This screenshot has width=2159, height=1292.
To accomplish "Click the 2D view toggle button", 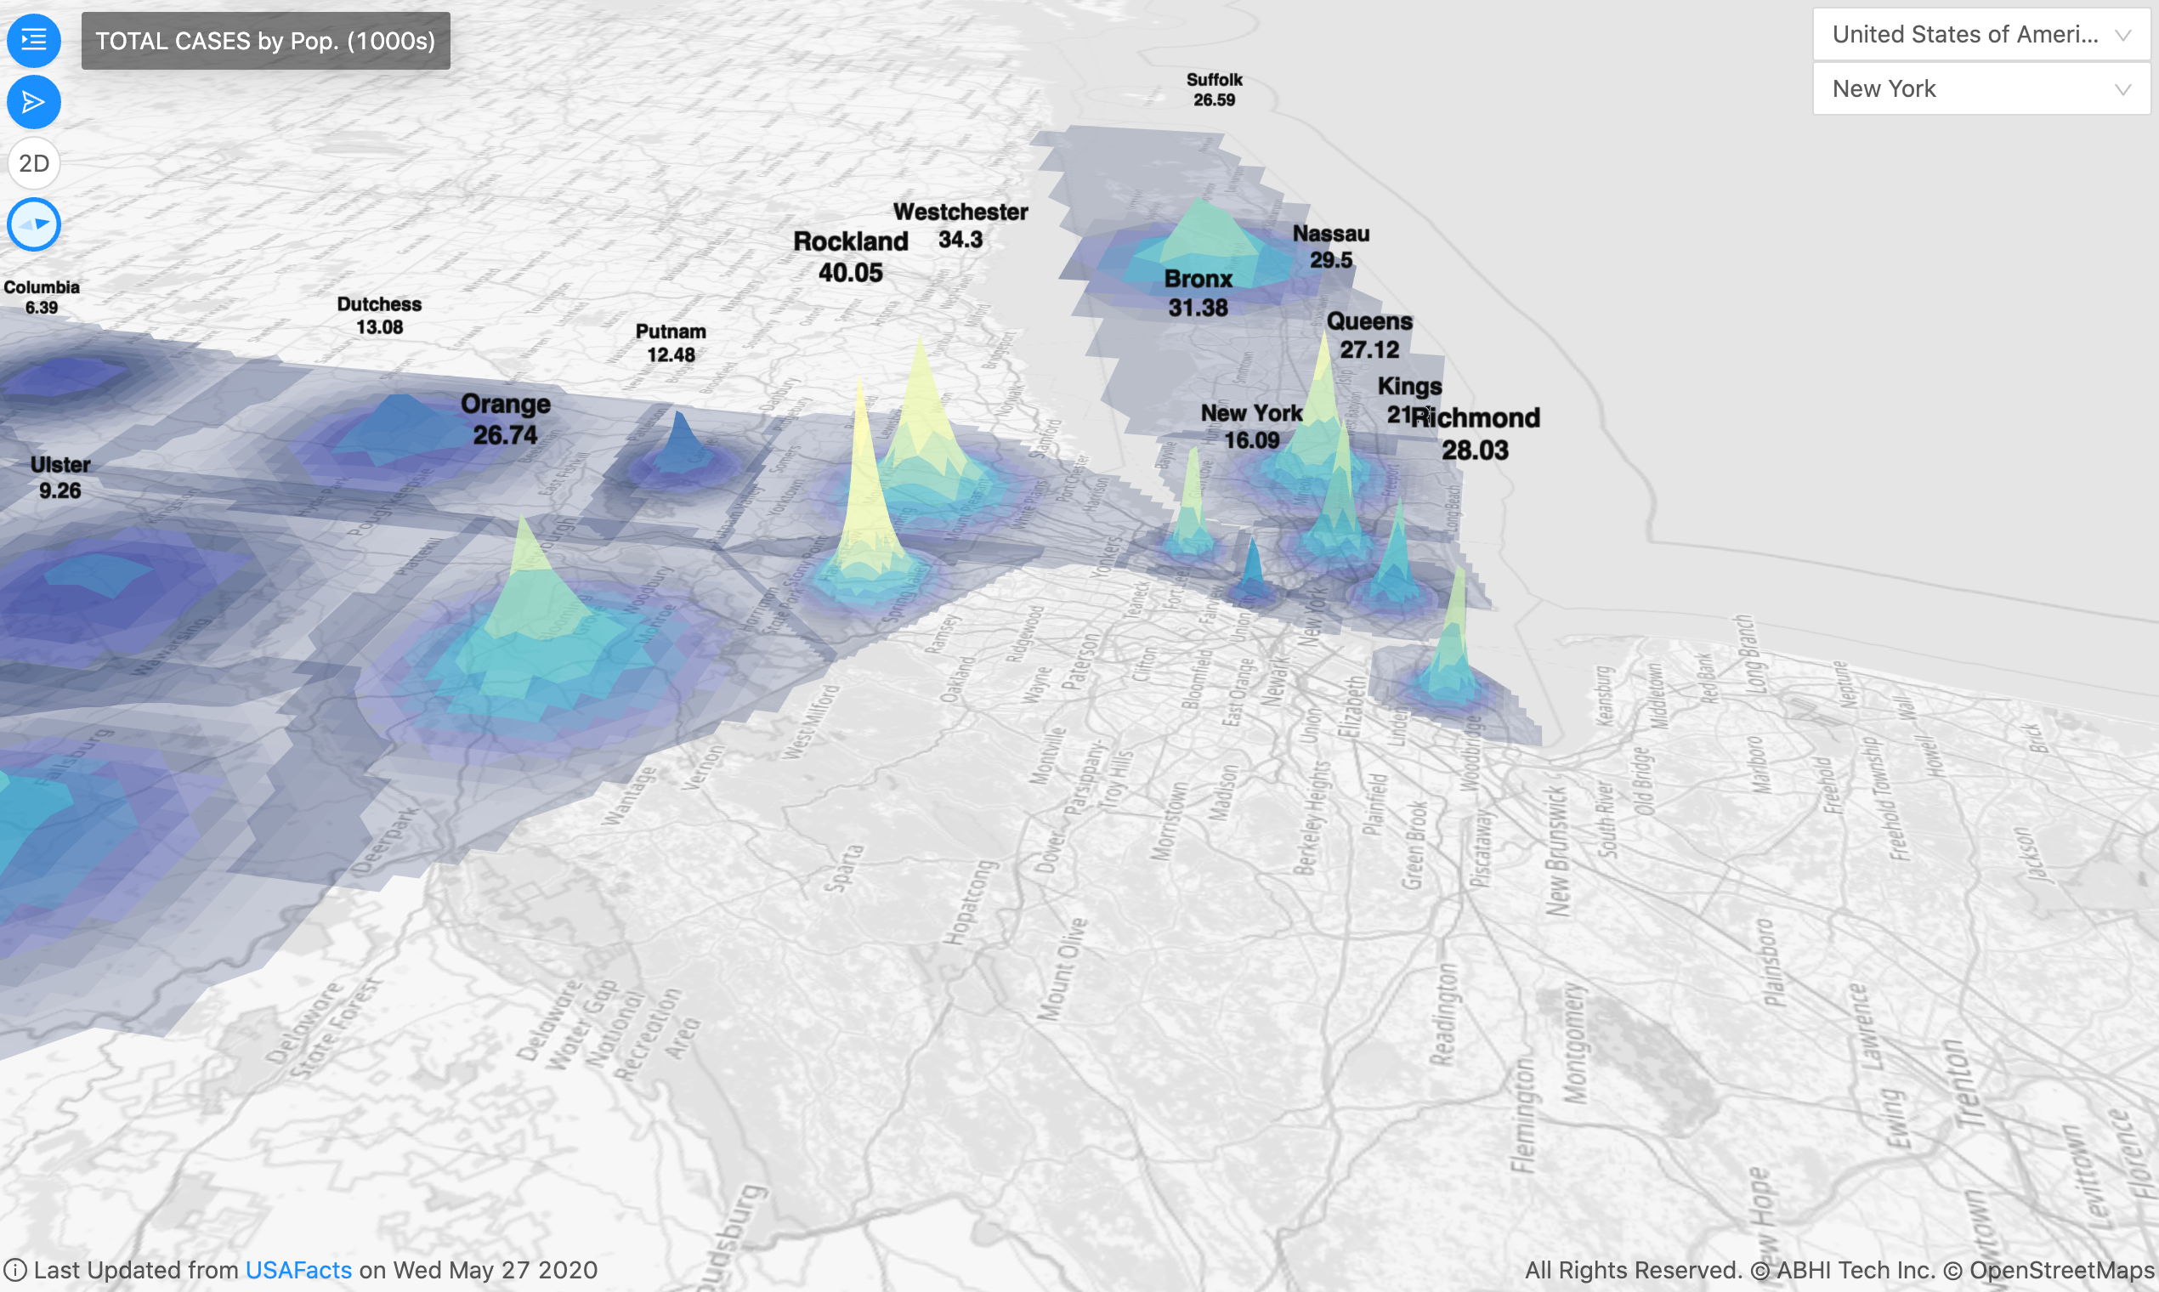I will tap(34, 163).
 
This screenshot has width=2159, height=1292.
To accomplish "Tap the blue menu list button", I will tap(34, 40).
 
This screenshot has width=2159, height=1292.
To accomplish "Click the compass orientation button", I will tap(34, 224).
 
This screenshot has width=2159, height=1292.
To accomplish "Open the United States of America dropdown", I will tap(1980, 35).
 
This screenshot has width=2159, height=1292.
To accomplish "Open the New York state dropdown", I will tap(1980, 88).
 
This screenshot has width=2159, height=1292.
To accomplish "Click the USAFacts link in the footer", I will tap(298, 1270).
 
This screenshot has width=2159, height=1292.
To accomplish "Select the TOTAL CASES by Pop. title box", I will tap(265, 41).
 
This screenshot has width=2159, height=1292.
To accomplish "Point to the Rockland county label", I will tap(851, 242).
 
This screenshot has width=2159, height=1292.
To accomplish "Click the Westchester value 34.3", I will tap(960, 240).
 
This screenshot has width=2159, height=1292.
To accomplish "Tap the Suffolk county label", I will tap(1215, 80).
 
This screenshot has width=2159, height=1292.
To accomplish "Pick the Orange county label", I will tap(506, 405).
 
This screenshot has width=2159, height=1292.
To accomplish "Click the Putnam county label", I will tap(671, 331).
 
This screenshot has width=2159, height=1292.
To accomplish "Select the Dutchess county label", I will tap(380, 304).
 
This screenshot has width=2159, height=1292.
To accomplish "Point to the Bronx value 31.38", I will tap(1198, 308).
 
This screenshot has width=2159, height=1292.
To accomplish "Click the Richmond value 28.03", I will tap(1475, 450).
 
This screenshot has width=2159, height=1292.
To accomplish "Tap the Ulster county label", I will tap(60, 465).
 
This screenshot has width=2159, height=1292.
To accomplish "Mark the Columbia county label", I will tap(42, 287).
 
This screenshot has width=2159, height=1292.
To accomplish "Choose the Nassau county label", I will tap(1331, 235).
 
